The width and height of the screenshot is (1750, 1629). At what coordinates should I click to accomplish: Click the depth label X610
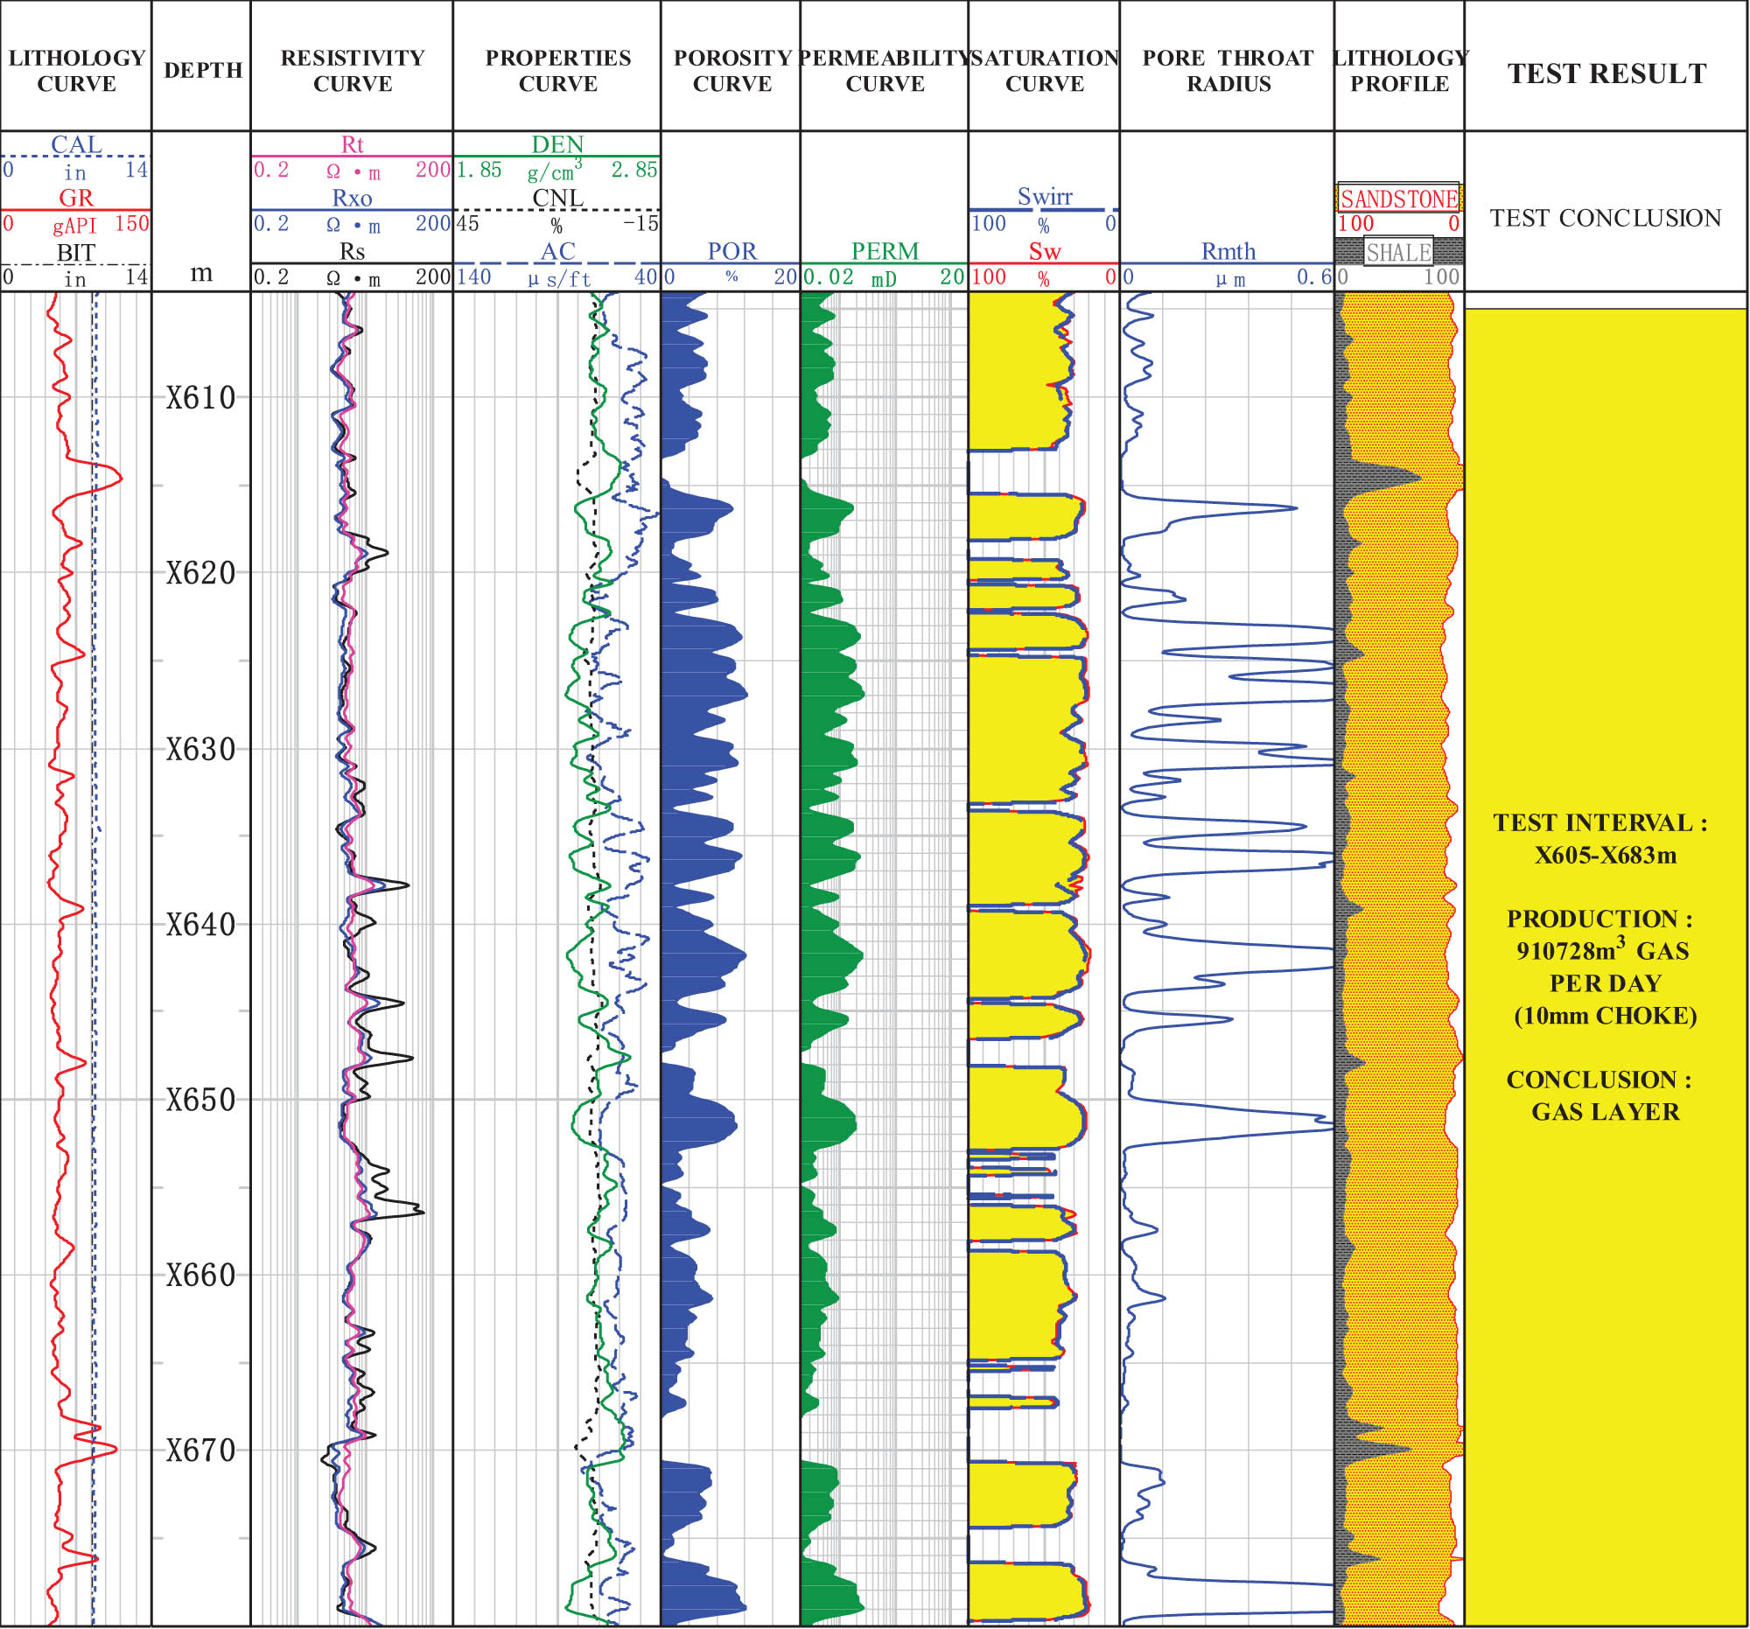click(201, 398)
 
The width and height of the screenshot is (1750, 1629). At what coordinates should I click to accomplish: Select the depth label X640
click(201, 925)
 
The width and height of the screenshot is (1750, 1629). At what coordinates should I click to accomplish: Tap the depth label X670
click(201, 1451)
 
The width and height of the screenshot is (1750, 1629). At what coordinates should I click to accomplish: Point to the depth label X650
click(201, 1100)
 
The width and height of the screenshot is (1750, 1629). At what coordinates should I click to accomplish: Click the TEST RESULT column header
click(1606, 73)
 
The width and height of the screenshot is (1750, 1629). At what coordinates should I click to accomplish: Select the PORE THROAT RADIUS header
click(1228, 70)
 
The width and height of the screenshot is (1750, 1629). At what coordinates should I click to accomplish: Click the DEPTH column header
click(202, 70)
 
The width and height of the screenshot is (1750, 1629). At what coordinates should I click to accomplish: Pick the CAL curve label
click(76, 143)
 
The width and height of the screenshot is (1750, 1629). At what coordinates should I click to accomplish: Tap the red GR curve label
click(76, 197)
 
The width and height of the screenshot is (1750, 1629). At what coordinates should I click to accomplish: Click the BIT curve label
click(76, 252)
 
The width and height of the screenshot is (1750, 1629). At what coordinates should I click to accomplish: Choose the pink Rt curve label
click(351, 143)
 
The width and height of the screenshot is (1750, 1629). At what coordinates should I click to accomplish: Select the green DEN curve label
click(557, 143)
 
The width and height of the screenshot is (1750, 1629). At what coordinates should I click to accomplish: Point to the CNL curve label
click(557, 197)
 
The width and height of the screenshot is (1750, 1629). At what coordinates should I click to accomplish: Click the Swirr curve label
click(1045, 196)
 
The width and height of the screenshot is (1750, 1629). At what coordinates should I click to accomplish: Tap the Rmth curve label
click(1228, 251)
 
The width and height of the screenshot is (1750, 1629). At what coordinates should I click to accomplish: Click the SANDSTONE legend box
click(1399, 198)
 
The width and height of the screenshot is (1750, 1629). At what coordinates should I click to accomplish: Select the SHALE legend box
click(1398, 253)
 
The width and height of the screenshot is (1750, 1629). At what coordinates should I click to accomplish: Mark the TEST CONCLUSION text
click(1605, 217)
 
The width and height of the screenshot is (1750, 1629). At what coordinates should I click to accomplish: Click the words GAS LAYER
click(1605, 1112)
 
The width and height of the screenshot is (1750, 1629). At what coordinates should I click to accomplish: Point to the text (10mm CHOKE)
click(1605, 1016)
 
